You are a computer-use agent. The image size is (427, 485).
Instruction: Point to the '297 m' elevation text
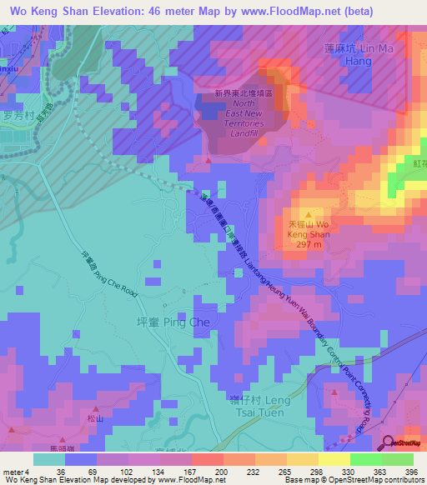313,246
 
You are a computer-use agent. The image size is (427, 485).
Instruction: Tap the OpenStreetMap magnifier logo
389,443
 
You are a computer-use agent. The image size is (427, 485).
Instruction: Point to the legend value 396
410,471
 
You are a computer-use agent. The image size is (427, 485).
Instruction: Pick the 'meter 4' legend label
14,471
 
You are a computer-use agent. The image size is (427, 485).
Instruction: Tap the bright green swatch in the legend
366,459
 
